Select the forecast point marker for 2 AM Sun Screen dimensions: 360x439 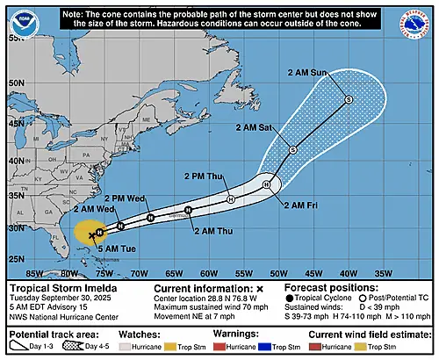(348, 100)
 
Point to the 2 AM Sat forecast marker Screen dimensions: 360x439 (293, 150)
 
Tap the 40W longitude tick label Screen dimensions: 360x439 (349, 273)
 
